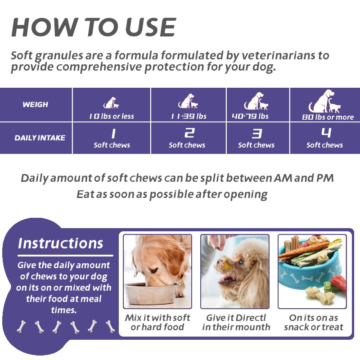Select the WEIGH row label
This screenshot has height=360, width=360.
coord(35,104)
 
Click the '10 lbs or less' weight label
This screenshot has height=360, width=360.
coord(111,116)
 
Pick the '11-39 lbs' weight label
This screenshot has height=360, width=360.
coord(188,116)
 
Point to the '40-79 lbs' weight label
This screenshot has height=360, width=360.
coord(250,116)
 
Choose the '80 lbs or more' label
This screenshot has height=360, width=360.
coord(328,117)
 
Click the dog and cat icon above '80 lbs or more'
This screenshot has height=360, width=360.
coord(324,102)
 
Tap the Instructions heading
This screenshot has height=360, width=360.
coord(60,243)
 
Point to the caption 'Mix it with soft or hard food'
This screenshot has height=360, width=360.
coord(157,322)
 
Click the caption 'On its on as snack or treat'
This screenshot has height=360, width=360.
coord(314,322)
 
